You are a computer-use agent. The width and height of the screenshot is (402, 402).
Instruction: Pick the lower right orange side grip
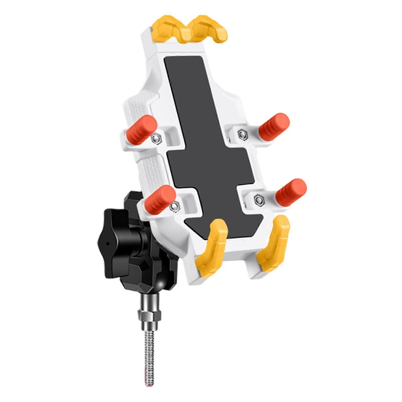[x=291, y=192]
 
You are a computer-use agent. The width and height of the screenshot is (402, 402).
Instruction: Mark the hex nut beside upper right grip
[x=242, y=135]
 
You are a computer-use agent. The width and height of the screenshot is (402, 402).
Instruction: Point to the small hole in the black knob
[x=108, y=243]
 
